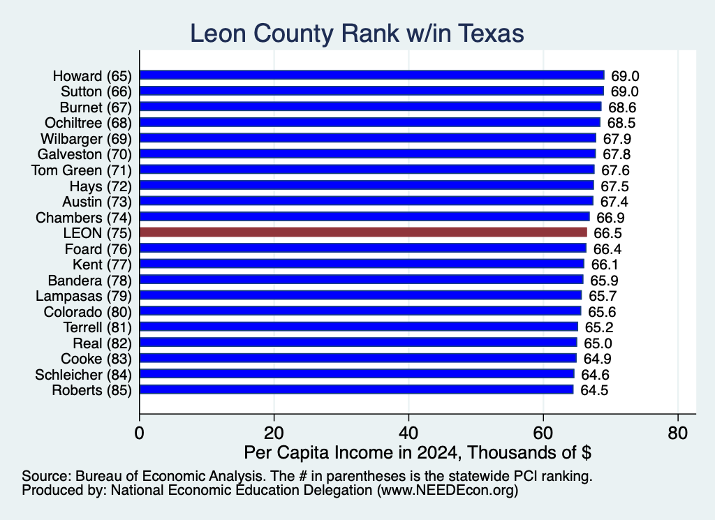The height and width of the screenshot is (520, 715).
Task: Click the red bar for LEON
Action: tap(363, 232)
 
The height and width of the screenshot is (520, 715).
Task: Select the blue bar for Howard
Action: tap(371, 75)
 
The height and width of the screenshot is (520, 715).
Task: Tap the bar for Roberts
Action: tap(356, 389)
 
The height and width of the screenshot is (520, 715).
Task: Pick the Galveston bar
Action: tap(367, 154)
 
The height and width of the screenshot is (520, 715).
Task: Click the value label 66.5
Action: tap(607, 233)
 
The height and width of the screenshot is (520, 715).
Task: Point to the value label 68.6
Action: tap(622, 107)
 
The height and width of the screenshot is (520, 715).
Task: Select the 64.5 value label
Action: tap(594, 391)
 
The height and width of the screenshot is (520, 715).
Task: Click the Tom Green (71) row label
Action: tap(81, 170)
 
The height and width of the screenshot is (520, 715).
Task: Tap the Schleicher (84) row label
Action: tap(83, 375)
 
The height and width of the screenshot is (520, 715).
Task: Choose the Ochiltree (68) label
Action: tap(88, 123)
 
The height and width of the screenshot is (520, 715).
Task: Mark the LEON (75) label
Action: tap(98, 233)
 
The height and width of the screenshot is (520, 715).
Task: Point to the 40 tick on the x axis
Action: tap(408, 433)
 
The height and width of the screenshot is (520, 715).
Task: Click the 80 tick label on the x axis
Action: tap(677, 433)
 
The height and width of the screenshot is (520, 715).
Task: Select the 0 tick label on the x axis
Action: tap(140, 433)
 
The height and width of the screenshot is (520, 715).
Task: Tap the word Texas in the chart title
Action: tap(491, 34)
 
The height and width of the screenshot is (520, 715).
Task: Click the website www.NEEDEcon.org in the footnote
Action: tap(448, 491)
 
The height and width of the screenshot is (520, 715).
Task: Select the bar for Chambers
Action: tap(364, 217)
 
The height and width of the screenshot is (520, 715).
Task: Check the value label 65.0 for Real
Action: tap(598, 343)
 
